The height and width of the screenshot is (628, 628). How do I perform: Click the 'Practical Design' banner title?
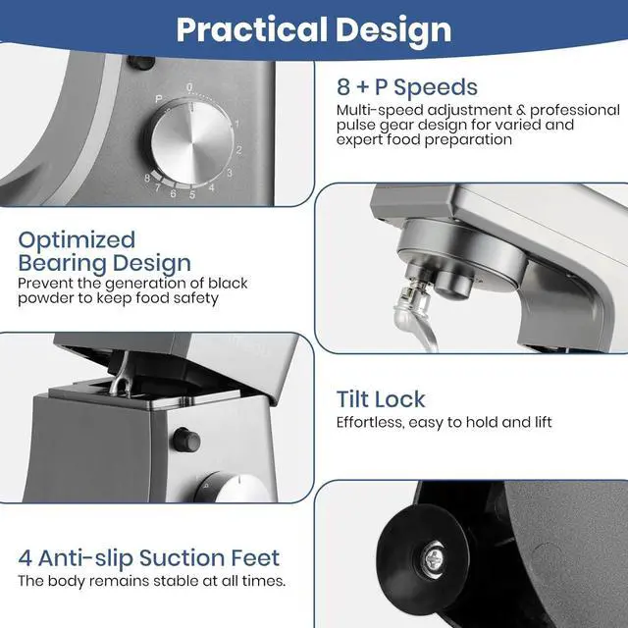click(314, 29)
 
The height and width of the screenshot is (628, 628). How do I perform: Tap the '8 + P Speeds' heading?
click(407, 87)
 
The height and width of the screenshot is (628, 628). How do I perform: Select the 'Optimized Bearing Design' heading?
click(105, 252)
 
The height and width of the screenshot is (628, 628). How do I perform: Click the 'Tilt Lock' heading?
click(381, 399)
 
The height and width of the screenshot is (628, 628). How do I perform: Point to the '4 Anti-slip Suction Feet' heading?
click(148, 557)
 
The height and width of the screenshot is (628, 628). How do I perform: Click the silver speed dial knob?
click(191, 142)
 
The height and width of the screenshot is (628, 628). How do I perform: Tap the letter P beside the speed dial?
click(159, 99)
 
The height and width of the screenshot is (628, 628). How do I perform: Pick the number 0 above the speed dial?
click(189, 87)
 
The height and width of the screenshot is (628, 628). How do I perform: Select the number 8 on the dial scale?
click(147, 178)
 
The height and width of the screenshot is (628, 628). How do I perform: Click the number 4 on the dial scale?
click(212, 187)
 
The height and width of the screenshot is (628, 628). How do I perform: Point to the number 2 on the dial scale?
click(238, 150)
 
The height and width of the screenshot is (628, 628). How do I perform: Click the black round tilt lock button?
click(186, 440)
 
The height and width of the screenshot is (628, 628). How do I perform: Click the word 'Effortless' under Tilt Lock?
click(370, 422)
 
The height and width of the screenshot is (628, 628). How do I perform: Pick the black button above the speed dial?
click(140, 63)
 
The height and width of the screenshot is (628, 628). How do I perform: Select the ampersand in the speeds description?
click(521, 110)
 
